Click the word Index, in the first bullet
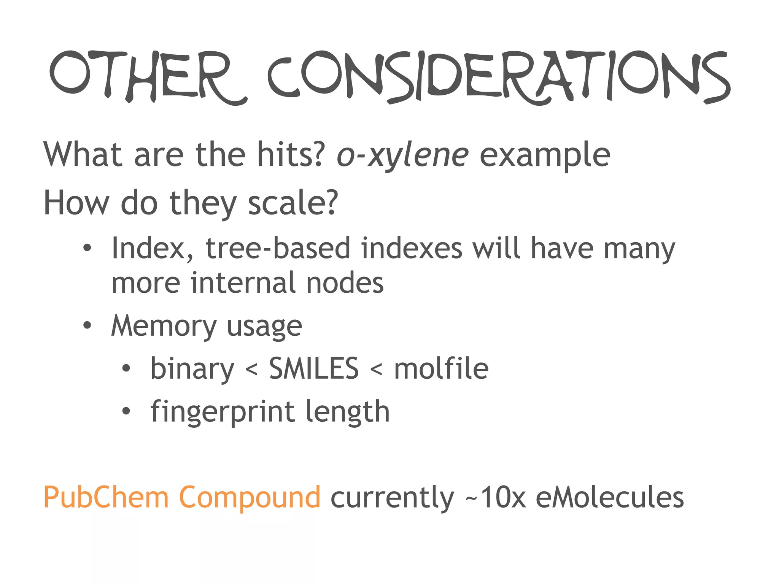[152, 249]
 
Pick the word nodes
[345, 283]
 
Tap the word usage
[264, 326]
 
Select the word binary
[192, 369]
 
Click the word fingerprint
[223, 412]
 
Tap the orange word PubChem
[106, 497]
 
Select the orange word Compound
[250, 497]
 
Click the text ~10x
[495, 497]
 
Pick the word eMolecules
[610, 497]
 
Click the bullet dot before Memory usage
[87, 325]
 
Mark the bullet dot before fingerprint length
[126, 411]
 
